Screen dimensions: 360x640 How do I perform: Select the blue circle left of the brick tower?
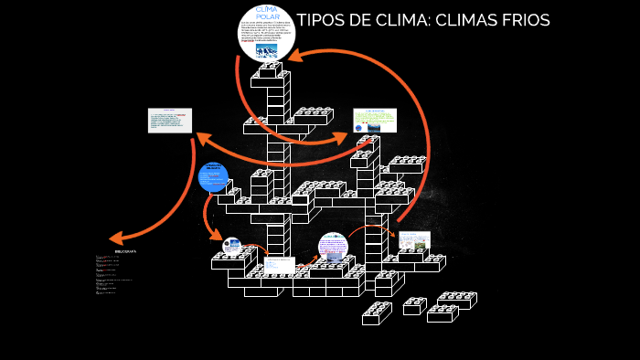(x=213, y=176)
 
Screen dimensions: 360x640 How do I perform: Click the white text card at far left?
(x=170, y=121)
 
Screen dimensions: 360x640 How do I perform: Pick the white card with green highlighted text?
(x=375, y=120)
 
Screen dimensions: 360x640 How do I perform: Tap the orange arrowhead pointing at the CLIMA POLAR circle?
(x=299, y=58)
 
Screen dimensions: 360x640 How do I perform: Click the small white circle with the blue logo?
(x=232, y=245)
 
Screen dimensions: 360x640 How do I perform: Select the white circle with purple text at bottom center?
(x=333, y=248)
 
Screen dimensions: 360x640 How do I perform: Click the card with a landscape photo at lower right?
(x=414, y=240)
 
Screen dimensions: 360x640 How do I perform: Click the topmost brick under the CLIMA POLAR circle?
(x=270, y=78)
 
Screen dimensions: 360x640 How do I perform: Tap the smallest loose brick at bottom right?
(x=414, y=306)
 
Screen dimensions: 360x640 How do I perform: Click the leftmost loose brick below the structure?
(x=376, y=314)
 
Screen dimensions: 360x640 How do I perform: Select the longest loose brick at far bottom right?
(x=456, y=300)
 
